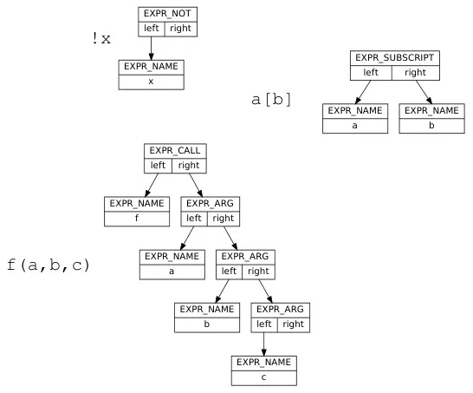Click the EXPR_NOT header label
[x=167, y=14]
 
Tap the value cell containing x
[x=151, y=82]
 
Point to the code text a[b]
[x=271, y=100]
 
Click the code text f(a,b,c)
[x=49, y=264]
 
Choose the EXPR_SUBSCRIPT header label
[x=393, y=58]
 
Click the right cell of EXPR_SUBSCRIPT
[x=415, y=73]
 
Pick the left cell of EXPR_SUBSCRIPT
[x=372, y=73]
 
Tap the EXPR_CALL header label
[x=176, y=150]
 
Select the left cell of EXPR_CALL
[x=159, y=165]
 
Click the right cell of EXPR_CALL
[x=188, y=165]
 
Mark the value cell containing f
[x=137, y=219]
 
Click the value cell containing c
[x=263, y=377]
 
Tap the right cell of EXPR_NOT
[x=180, y=29]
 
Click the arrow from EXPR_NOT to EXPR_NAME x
[x=152, y=48]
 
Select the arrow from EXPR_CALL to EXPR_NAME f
[x=149, y=185]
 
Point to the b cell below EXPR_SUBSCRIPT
[x=431, y=125]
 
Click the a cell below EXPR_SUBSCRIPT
[x=355, y=125]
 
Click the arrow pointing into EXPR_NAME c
[x=263, y=343]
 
